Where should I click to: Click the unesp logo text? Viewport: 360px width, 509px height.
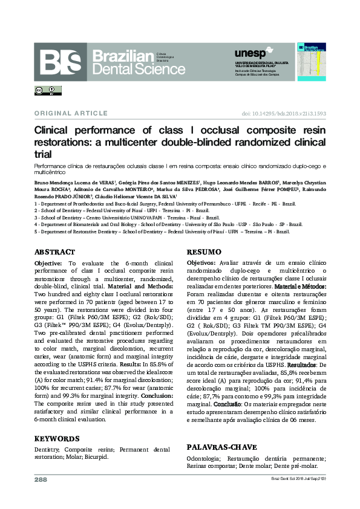249,54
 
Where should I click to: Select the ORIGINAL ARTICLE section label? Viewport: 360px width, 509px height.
69,113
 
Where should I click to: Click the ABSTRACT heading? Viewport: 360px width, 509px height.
54,252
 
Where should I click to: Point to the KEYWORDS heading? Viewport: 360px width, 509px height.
57,438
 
